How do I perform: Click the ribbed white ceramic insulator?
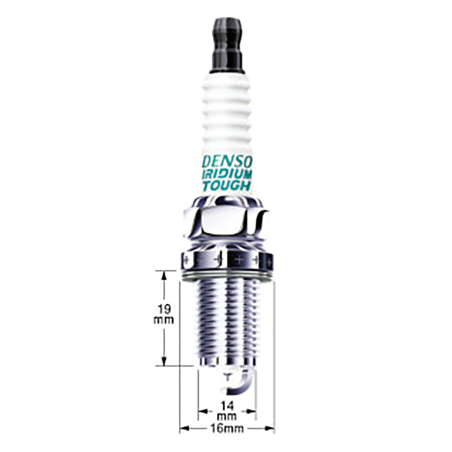point(227,131)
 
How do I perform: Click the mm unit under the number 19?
point(163,320)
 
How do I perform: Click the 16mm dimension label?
point(227,422)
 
